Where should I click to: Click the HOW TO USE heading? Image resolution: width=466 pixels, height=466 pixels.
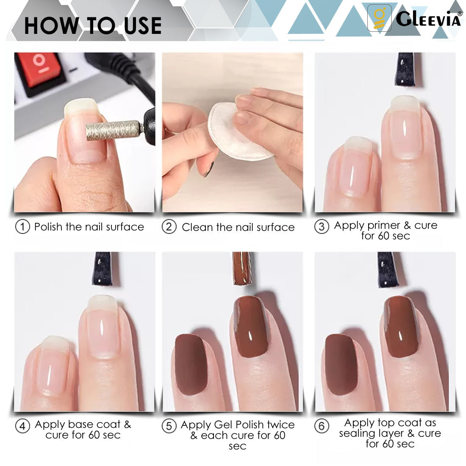(93, 25)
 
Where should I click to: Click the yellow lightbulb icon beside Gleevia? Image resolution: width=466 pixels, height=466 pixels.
(379, 18)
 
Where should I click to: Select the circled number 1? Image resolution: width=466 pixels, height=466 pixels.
(22, 227)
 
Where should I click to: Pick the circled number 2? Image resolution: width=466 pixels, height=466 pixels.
(169, 227)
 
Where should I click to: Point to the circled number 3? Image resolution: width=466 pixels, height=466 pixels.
(322, 227)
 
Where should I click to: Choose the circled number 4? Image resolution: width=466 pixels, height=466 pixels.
(22, 426)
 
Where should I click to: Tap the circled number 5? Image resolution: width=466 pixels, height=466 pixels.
(169, 426)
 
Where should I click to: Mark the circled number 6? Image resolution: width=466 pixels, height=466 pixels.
(322, 426)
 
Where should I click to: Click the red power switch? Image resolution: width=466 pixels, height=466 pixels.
(41, 71)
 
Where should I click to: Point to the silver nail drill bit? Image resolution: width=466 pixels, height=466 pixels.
(114, 130)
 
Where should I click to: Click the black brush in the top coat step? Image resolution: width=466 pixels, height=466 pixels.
(388, 269)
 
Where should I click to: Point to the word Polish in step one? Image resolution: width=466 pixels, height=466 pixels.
(49, 227)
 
